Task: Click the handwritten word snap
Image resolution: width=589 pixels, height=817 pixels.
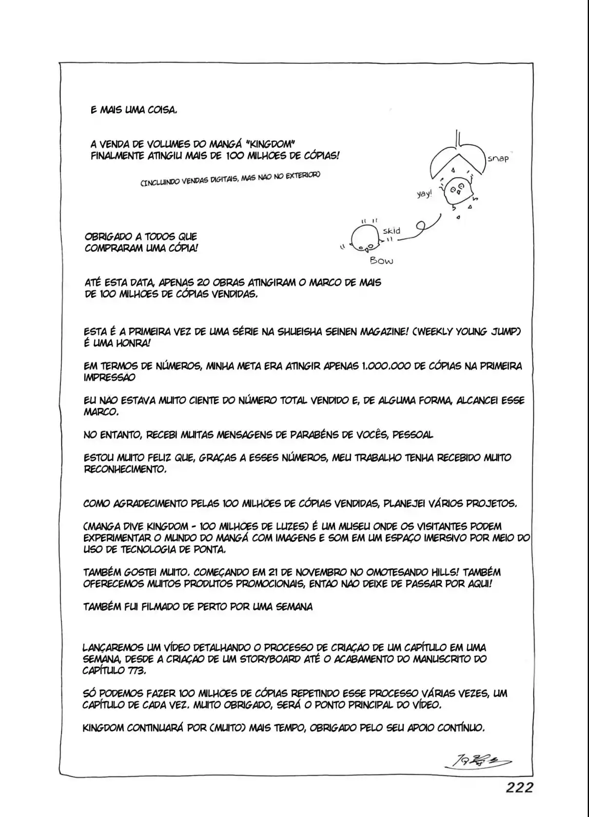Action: pyautogui.click(x=498, y=159)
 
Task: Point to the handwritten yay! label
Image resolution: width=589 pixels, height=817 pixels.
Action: pyautogui.click(x=424, y=194)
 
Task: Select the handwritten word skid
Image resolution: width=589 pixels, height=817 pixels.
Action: pyautogui.click(x=392, y=230)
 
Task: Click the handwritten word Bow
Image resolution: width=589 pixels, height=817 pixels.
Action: pyautogui.click(x=382, y=261)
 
